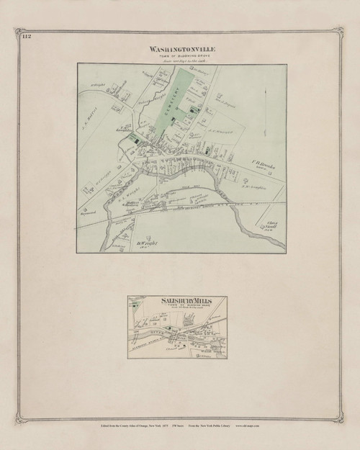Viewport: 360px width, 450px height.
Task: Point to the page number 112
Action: [27, 36]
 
